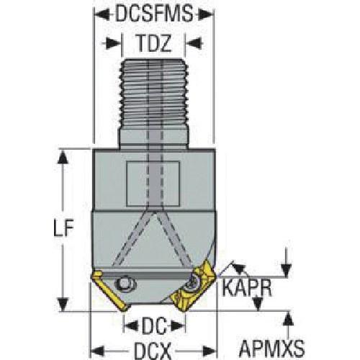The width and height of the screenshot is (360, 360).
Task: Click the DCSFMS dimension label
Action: click(x=154, y=14)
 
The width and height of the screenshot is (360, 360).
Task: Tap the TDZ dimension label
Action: click(x=153, y=43)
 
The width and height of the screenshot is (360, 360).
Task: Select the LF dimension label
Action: click(x=63, y=228)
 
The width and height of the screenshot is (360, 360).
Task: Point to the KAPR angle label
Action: click(x=247, y=288)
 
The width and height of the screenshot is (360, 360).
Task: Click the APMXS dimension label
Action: click(x=271, y=348)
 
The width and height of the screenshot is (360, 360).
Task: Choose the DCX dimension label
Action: click(x=153, y=351)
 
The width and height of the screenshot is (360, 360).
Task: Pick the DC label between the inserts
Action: click(x=154, y=326)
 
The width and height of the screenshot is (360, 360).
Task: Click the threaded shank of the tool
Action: click(x=153, y=104)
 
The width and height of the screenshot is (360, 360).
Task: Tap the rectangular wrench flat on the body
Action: click(x=153, y=184)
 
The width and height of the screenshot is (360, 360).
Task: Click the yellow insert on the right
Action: click(x=192, y=287)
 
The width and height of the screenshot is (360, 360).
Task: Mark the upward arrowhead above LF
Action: click(x=63, y=158)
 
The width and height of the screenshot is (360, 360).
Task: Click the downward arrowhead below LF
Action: click(x=63, y=304)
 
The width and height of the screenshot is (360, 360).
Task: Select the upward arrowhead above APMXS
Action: click(x=288, y=319)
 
